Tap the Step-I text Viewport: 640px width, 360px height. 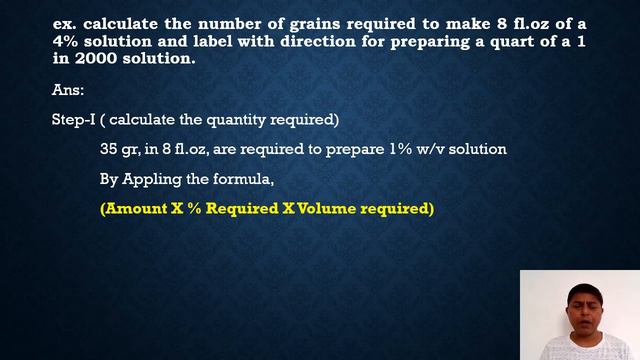click(x=75, y=120)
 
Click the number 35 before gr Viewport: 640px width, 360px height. click(x=109, y=149)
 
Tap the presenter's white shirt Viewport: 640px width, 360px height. click(x=580, y=347)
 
